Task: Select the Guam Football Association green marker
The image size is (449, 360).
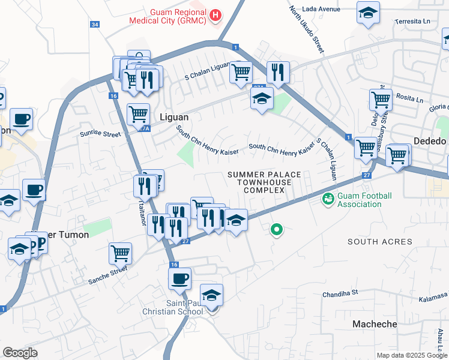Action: click(328, 199)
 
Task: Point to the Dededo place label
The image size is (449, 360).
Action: click(430, 142)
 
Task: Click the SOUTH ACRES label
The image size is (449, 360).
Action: click(380, 242)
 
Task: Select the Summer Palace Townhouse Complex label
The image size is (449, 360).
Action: click(264, 182)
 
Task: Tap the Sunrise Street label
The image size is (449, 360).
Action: click(100, 134)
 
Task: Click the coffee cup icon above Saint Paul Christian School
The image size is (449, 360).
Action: click(180, 277)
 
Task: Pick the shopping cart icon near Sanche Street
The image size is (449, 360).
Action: click(120, 253)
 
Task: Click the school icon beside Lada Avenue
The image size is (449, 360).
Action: click(369, 12)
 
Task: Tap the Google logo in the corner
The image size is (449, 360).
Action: click(20, 353)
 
